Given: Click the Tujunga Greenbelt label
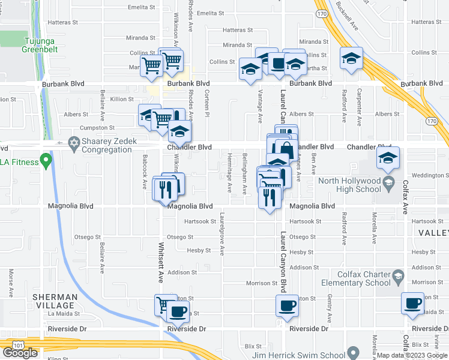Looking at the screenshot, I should point(41,45).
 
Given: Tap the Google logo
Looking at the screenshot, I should point(20,352).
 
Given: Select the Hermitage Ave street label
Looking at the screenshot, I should point(230,173).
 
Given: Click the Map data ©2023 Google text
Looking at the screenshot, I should point(412,355).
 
